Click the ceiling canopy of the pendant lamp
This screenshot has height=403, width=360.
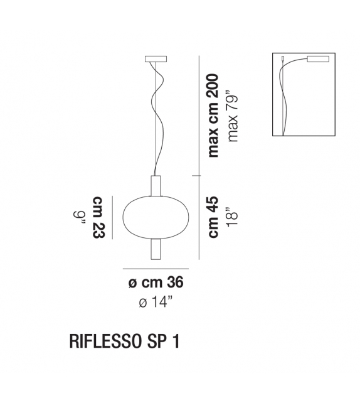coord(156,61)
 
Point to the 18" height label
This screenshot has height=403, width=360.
coord(234,217)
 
